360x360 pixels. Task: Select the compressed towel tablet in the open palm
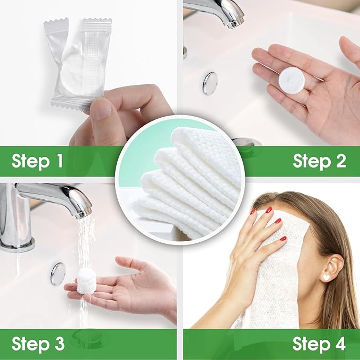[x=292, y=79]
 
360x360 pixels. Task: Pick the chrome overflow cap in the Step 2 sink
[x=210, y=83]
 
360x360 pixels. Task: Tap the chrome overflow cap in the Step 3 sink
[x=58, y=274]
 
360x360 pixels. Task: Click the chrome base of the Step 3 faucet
[x=16, y=243]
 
